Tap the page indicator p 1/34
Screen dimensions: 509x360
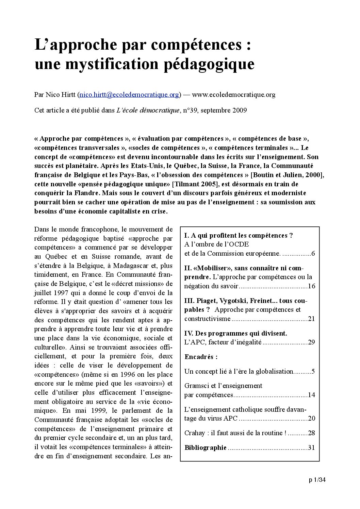point(317,480)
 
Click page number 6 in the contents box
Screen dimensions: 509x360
point(313,254)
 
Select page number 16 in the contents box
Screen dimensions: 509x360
point(311,286)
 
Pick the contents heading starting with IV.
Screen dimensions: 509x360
point(235,333)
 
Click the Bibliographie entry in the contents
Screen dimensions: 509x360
point(205,447)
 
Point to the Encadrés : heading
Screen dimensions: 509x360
point(201,357)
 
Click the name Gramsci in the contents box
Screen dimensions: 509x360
point(196,386)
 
